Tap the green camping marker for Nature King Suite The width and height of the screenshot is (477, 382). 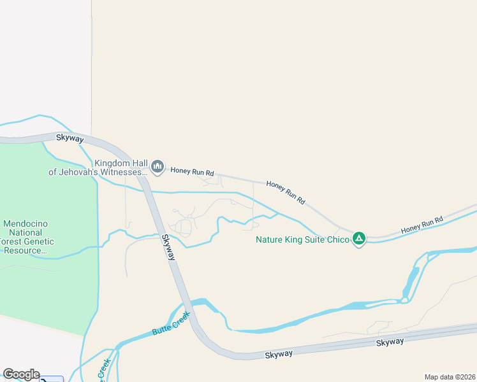tap(359, 239)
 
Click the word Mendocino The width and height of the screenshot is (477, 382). tap(26, 224)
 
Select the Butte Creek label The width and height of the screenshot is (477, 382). tap(170, 323)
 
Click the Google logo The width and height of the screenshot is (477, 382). tap(21, 374)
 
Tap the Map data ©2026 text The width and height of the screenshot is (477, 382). tap(450, 376)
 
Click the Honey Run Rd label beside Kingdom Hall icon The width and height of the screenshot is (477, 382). tap(192, 173)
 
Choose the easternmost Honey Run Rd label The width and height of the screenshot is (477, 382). tap(422, 225)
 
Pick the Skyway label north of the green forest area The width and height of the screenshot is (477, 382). tap(70, 138)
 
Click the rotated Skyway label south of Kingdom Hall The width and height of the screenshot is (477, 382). tap(168, 247)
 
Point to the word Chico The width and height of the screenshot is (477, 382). tap(338, 239)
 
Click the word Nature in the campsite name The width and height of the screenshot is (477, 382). tap(270, 239)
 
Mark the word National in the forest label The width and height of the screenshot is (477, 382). tap(26, 233)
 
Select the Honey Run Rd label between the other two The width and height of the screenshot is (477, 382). tap(285, 193)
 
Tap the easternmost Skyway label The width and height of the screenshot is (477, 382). tap(390, 342)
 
